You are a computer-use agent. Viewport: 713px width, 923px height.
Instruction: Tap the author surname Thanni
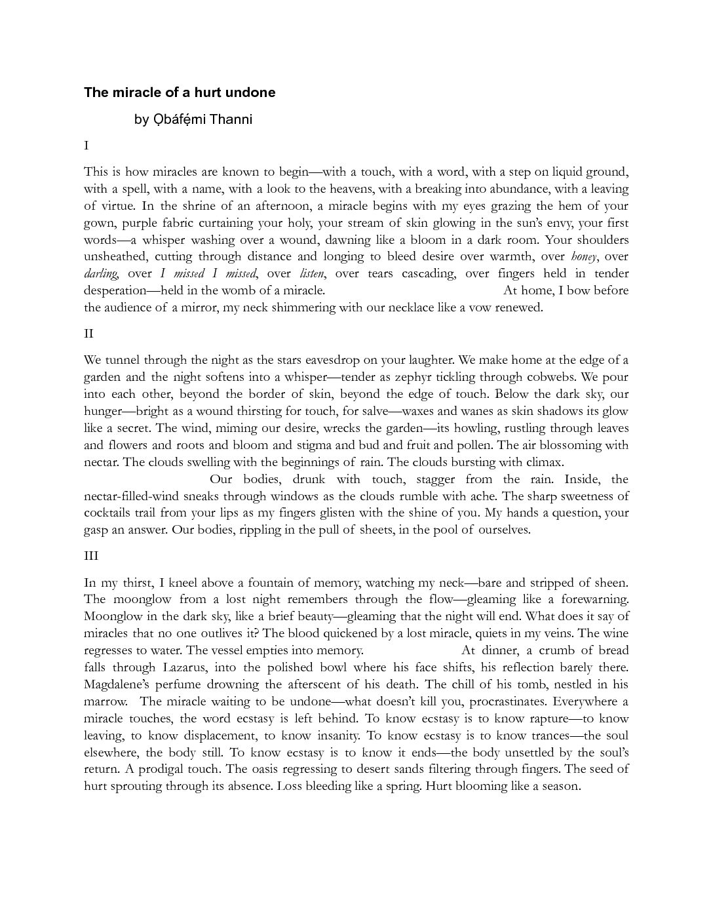[231, 119]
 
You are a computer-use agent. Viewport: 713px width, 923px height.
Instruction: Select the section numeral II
[88, 334]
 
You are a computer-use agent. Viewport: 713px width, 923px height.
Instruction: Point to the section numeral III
[91, 556]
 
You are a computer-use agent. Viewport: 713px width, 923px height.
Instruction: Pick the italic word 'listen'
[312, 273]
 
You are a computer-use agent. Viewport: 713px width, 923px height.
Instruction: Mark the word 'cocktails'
[108, 513]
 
